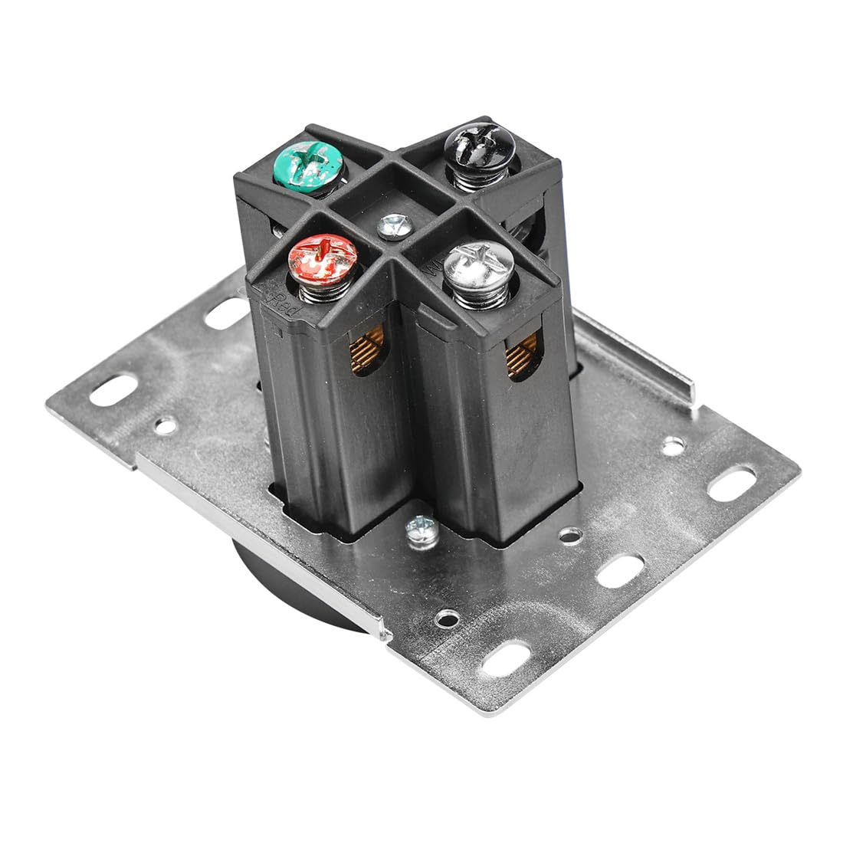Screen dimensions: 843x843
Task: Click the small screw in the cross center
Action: pyautogui.click(x=395, y=225)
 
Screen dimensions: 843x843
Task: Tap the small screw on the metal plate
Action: pyautogui.click(x=421, y=527)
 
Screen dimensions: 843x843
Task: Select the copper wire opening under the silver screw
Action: pyautogui.click(x=522, y=358)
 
